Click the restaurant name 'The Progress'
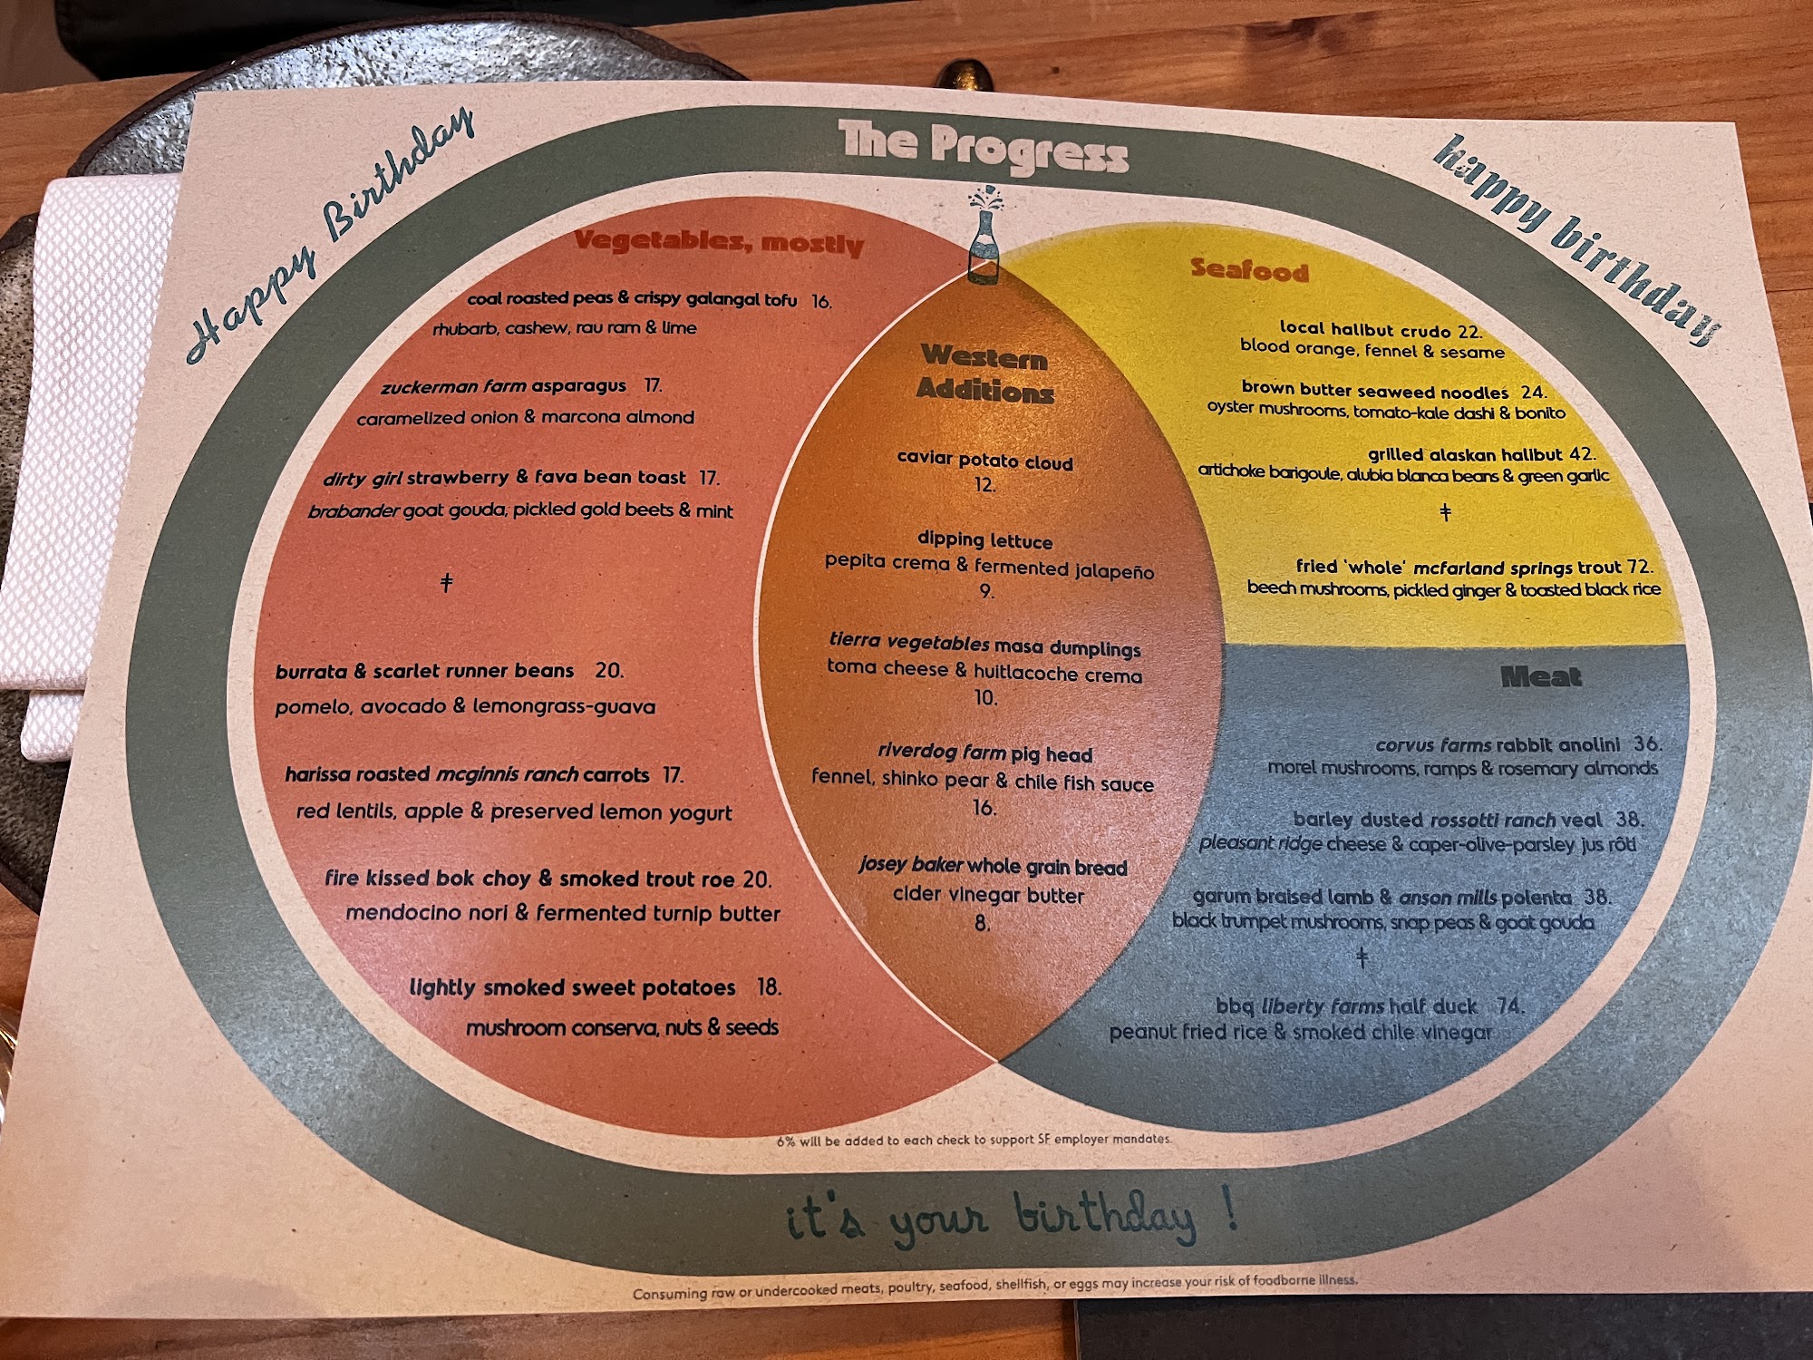[x=984, y=147]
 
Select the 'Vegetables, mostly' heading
[x=719, y=242]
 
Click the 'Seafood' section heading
[x=1249, y=269]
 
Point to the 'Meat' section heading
[x=1540, y=676]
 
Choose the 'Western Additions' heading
[x=984, y=374]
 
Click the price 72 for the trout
[x=1639, y=568]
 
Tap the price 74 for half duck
[x=1509, y=1005]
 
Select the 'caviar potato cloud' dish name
[x=984, y=461]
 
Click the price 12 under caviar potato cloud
[x=984, y=485]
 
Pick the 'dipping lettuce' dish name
[x=984, y=540]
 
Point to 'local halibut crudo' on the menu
[x=1365, y=329]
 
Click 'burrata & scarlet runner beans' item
[x=424, y=672]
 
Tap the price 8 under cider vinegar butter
[x=983, y=924]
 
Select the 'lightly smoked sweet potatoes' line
[x=572, y=987]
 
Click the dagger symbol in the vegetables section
[x=446, y=582]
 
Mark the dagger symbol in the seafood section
[x=1446, y=513]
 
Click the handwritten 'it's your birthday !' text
[x=1011, y=1219]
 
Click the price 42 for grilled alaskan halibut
[x=1582, y=454]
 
